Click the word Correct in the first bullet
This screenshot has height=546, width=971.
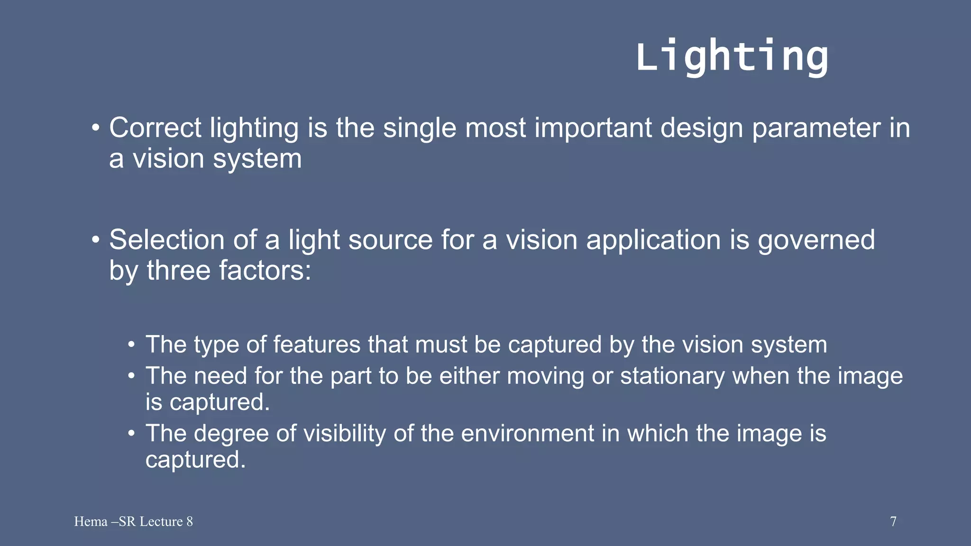tap(156, 128)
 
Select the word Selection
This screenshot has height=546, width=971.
tap(166, 240)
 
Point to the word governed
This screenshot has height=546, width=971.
tap(816, 240)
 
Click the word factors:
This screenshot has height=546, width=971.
tap(265, 271)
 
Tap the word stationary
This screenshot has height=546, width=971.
tap(672, 376)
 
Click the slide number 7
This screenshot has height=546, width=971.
tap(893, 522)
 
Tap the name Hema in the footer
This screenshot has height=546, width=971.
tap(91, 522)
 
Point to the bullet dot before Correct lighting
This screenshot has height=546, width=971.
tap(96, 128)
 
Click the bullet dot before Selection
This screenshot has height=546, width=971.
tap(96, 240)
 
